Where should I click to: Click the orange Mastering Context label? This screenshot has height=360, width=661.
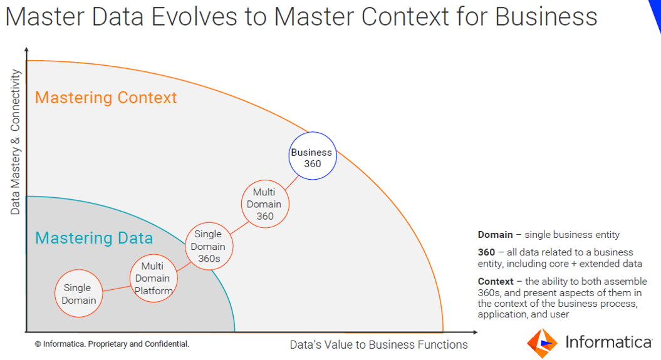click(106, 98)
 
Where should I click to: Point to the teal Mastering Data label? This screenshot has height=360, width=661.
click(94, 238)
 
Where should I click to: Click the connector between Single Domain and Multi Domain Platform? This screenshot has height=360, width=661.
click(117, 289)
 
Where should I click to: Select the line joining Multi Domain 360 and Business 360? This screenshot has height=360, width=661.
click(291, 183)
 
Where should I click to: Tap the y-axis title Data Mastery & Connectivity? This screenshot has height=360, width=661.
click(15, 142)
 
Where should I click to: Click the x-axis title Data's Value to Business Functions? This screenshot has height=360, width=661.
click(378, 345)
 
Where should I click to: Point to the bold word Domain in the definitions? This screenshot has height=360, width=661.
click(495, 235)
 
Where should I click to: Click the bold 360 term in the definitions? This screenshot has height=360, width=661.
click(486, 252)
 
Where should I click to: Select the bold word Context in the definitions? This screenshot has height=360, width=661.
click(496, 281)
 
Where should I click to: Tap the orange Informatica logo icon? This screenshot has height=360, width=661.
click(542, 342)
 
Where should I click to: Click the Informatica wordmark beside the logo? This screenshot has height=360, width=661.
click(608, 342)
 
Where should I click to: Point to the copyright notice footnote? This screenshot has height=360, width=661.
click(112, 344)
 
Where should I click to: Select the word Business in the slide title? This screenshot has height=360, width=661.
click(546, 17)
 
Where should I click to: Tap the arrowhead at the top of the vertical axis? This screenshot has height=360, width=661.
click(26, 49)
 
